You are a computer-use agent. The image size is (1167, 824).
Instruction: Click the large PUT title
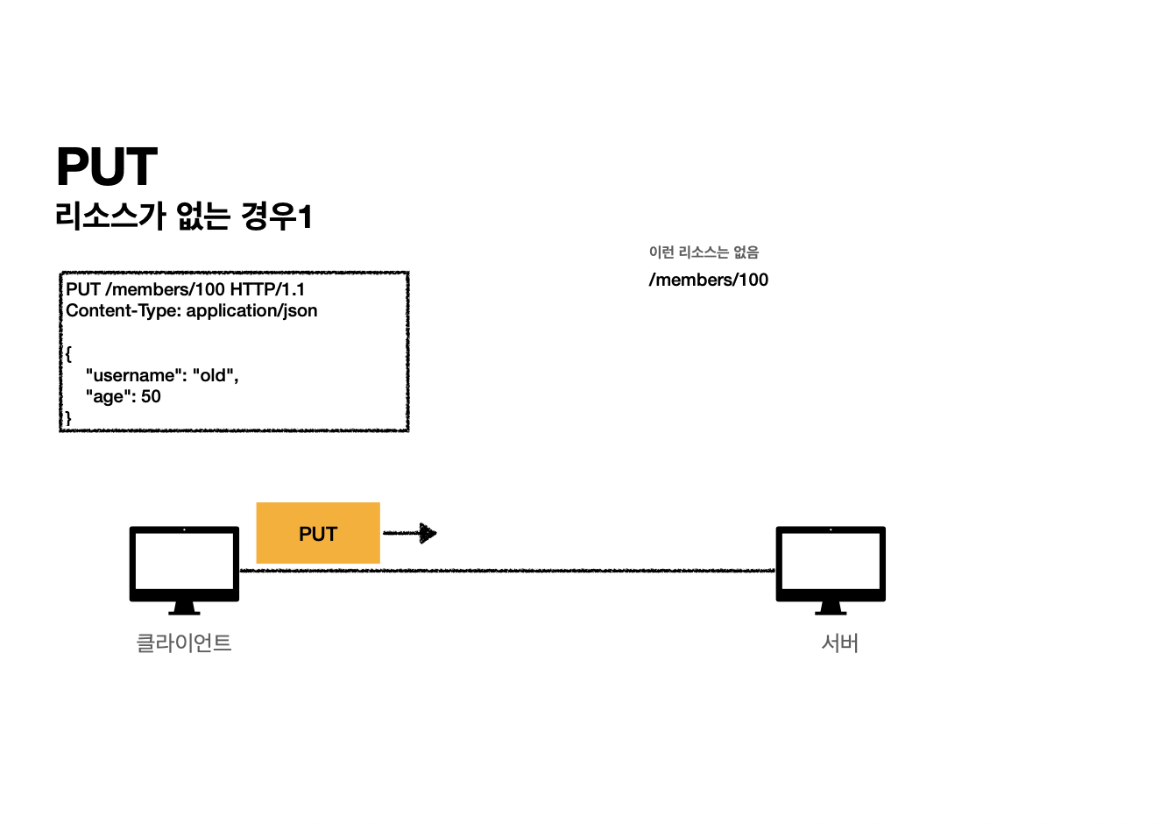point(107,167)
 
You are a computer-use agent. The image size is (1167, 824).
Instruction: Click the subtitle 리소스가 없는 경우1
point(183,216)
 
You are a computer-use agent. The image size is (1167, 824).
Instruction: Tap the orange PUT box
point(318,533)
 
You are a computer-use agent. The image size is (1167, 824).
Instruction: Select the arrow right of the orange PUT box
point(410,532)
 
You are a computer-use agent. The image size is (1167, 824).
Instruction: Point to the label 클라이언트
point(184,643)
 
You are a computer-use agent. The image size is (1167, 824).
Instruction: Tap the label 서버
point(839,643)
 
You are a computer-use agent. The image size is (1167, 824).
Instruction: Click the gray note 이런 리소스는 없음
point(704,252)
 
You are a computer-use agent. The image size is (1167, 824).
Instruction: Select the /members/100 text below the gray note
point(709,280)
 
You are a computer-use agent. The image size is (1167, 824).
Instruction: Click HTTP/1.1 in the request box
point(267,289)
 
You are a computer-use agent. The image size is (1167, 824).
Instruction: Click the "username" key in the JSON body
point(134,375)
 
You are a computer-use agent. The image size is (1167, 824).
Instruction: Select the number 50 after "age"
point(151,396)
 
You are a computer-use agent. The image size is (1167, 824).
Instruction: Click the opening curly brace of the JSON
point(68,354)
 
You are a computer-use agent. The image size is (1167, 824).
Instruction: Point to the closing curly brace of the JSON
point(68,418)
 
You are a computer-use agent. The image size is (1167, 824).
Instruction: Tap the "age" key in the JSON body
point(108,396)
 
